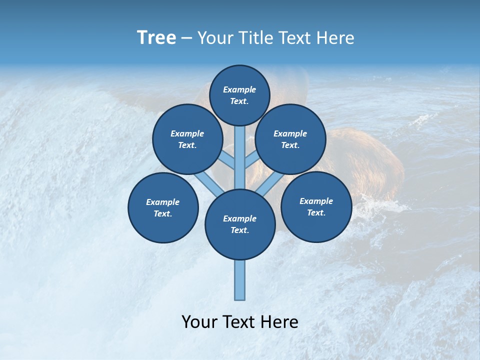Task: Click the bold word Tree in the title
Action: [156, 37]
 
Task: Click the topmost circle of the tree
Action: [239, 95]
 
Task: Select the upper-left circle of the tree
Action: [187, 139]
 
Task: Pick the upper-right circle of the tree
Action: [290, 139]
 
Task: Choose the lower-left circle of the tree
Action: [163, 207]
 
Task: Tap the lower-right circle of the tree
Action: [316, 206]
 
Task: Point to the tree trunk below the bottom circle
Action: [240, 280]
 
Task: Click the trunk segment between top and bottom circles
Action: [240, 157]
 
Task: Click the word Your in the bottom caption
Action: [200, 322]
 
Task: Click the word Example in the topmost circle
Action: [239, 89]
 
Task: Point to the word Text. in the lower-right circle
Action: [316, 212]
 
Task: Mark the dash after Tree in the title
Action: [186, 38]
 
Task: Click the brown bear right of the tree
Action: [370, 160]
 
